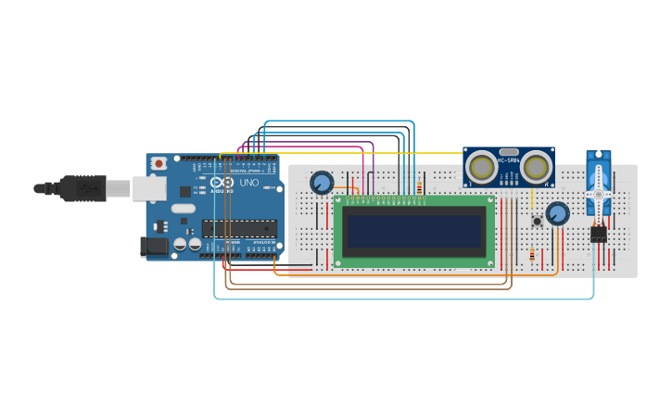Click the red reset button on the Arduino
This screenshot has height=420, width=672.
(158, 164)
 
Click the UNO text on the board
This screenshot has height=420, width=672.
(249, 183)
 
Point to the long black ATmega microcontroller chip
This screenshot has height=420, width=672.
(238, 229)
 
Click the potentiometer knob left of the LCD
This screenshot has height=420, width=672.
(322, 183)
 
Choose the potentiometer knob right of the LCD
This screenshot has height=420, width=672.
(557, 214)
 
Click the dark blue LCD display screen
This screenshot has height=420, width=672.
(414, 232)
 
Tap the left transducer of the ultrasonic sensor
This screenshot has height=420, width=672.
(481, 167)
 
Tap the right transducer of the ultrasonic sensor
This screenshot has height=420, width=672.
(537, 167)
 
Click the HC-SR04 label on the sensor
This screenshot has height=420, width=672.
(509, 161)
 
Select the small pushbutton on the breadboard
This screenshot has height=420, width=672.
(537, 222)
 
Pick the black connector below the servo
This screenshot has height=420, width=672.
(599, 234)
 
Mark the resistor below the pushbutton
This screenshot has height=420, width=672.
(531, 254)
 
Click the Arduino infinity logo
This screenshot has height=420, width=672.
(222, 183)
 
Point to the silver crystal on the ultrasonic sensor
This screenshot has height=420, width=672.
(509, 151)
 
